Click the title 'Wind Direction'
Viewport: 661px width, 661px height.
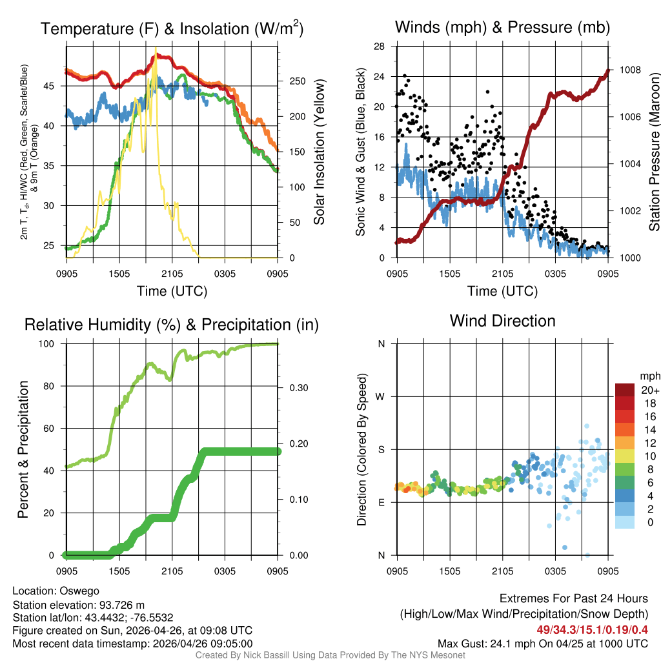(x=502, y=321)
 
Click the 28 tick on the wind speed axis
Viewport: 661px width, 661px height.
(x=380, y=46)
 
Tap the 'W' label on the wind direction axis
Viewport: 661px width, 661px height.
(x=381, y=396)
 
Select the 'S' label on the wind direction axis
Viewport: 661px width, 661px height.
(x=381, y=449)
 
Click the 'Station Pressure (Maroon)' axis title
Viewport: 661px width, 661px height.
(x=653, y=152)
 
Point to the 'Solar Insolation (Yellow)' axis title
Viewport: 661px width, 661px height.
(x=319, y=152)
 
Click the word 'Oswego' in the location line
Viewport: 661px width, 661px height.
(x=79, y=590)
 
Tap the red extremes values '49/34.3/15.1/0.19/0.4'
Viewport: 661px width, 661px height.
(x=592, y=629)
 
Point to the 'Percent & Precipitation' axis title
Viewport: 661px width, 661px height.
(x=23, y=449)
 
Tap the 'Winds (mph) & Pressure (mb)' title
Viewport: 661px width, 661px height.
(x=502, y=27)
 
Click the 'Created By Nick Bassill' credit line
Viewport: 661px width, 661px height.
(x=330, y=655)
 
